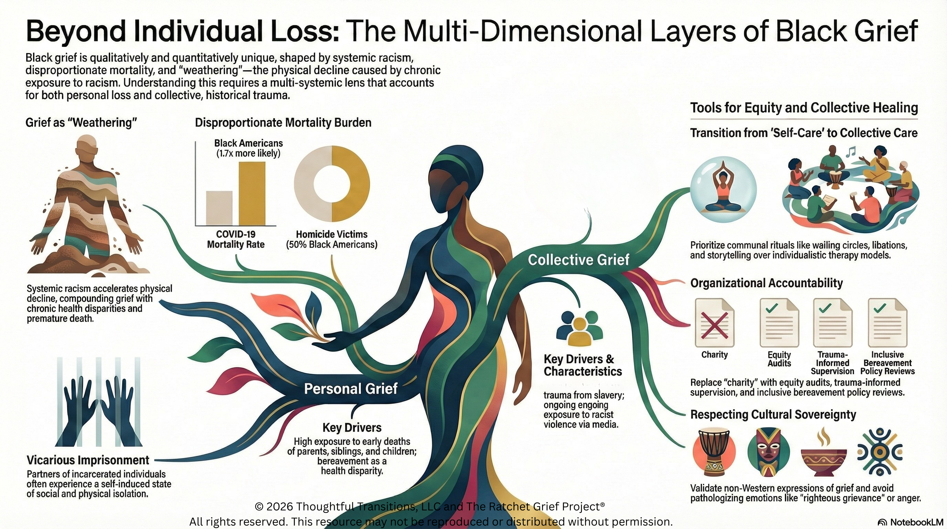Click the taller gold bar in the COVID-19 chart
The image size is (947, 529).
click(252, 194)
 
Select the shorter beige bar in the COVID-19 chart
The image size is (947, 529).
click(219, 208)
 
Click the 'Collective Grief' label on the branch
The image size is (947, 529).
click(579, 260)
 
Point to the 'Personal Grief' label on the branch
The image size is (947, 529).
click(351, 388)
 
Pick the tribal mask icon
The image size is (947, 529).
click(768, 452)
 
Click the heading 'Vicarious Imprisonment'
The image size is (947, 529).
click(88, 460)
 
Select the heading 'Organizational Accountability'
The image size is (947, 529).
click(766, 283)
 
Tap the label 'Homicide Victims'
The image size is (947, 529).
click(332, 234)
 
